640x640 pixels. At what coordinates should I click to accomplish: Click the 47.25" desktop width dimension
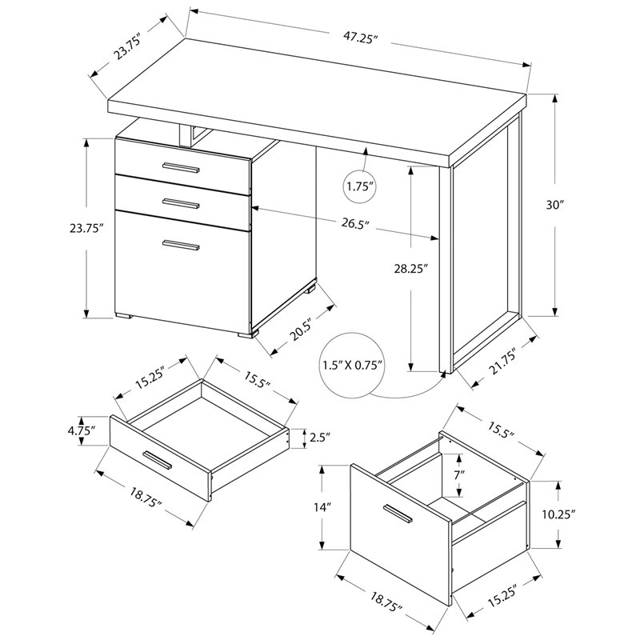359,38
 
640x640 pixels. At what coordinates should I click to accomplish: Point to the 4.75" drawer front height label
82,430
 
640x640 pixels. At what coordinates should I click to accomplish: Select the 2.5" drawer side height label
320,438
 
